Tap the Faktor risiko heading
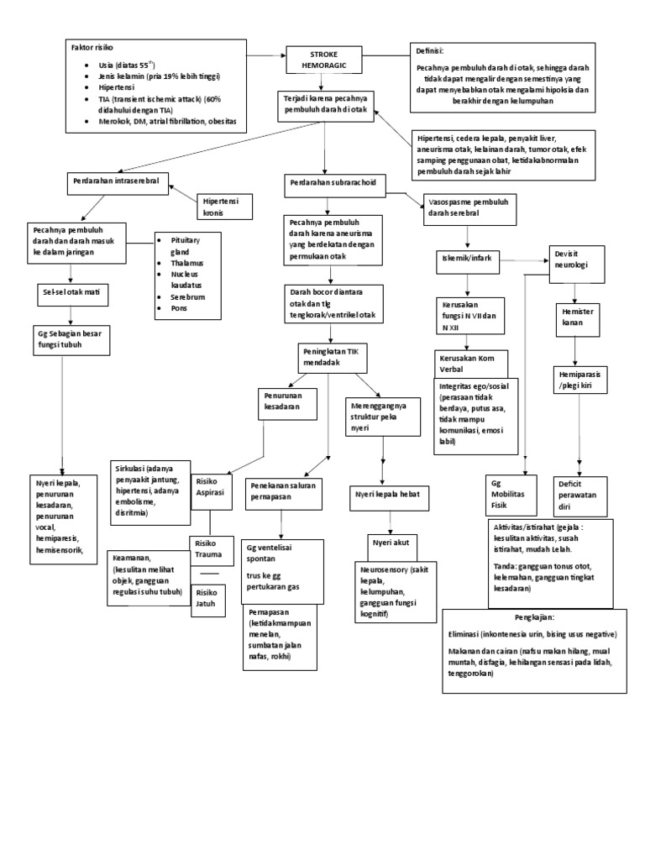92,49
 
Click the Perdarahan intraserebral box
117,182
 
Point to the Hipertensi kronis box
223,207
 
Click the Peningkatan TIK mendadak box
328,358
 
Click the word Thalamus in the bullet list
186,263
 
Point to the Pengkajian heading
535,617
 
